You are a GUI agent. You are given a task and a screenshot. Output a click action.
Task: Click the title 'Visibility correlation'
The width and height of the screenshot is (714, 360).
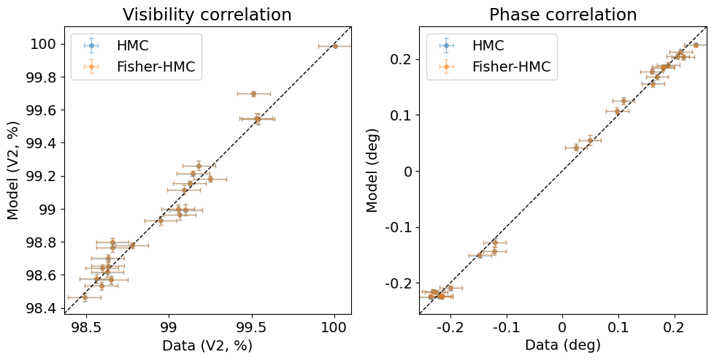[x=207, y=15]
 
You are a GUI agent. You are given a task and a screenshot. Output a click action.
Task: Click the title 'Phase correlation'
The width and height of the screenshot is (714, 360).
[x=562, y=15]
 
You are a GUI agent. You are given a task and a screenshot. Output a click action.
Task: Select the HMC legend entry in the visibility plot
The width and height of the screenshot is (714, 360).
[x=132, y=45]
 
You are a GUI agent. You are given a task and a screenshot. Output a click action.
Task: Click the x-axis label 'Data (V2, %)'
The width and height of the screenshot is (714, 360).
[x=207, y=345]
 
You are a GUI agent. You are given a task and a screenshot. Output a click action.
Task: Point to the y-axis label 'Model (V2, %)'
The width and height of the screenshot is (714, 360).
[x=13, y=170]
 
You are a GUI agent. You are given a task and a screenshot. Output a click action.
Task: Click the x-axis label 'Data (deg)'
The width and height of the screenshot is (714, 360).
[x=562, y=345]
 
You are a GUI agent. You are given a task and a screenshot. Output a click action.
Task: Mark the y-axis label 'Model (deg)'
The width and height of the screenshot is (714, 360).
[x=372, y=170]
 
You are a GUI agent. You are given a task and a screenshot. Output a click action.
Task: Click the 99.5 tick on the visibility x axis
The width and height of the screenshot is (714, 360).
[x=252, y=325]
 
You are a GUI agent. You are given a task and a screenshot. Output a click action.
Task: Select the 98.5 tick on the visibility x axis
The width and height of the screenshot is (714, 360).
[x=86, y=325]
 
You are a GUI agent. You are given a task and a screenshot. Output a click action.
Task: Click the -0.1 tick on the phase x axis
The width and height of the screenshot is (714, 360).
[x=504, y=325]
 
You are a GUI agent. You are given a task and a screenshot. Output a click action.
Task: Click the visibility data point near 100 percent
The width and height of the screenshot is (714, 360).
[x=335, y=46]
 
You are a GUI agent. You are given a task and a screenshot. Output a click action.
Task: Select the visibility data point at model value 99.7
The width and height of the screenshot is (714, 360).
[x=253, y=93]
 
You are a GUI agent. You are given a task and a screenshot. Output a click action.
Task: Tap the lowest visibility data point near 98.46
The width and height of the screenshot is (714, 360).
[x=85, y=297]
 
